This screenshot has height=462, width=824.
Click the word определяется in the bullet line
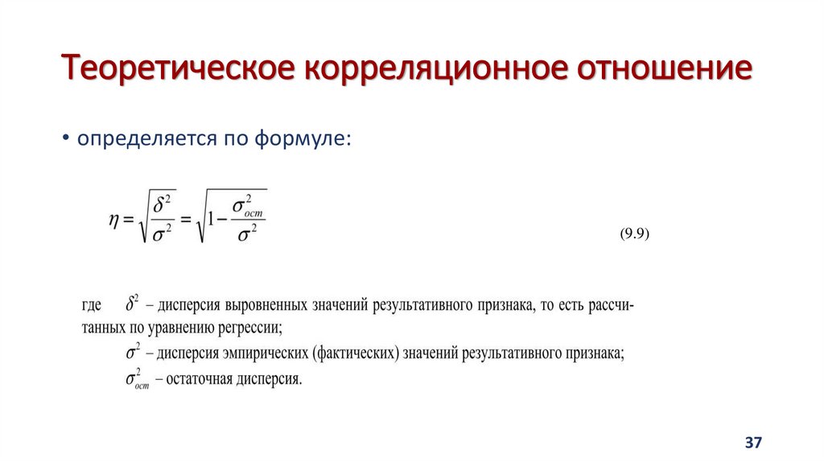[x=137, y=138]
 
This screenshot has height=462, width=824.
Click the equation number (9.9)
[x=634, y=234]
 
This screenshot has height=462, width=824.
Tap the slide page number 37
[x=753, y=443]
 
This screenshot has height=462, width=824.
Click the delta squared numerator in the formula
[x=164, y=204]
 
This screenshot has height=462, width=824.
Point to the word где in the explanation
[x=91, y=307]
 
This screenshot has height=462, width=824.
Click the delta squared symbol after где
[x=133, y=304]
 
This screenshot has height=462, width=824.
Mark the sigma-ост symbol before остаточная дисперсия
[x=137, y=378]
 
